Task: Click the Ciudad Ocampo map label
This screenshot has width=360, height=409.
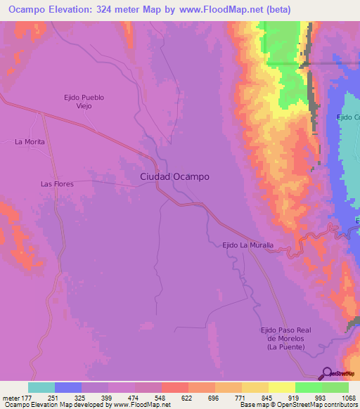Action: pos(174,177)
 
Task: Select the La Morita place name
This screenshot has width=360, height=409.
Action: pos(30,142)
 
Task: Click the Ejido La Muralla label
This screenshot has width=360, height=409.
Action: pos(247,245)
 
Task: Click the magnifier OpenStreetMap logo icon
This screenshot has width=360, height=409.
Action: pos(327,374)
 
